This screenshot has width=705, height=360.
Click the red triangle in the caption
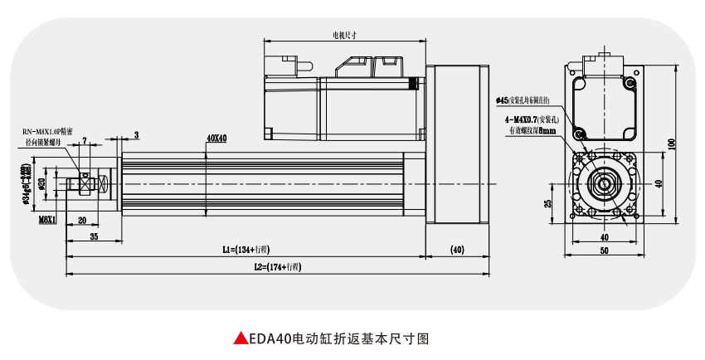coord(240,338)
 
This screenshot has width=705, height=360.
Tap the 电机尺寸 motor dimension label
coord(344,36)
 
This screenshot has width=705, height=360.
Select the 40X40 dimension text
coord(216,138)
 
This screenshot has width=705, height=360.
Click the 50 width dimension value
coord(603,249)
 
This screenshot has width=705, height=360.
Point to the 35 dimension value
coord(94,236)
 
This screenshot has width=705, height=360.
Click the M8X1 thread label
coord(47,220)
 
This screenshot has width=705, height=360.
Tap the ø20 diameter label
coord(41,182)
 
